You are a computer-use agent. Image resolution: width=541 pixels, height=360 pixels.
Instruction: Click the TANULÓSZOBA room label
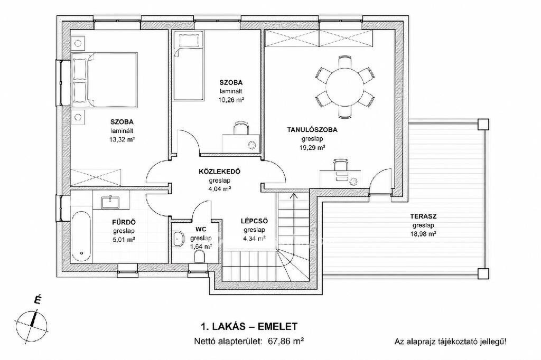pyautogui.click(x=312, y=130)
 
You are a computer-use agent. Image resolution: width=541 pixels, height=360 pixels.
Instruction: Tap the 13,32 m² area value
pyautogui.click(x=122, y=140)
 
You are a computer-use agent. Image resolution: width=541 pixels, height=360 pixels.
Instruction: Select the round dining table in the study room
pyautogui.click(x=345, y=88)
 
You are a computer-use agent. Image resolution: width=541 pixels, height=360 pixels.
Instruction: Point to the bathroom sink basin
pyautogui.click(x=110, y=202)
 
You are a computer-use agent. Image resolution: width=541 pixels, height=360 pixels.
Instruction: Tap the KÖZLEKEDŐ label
pyautogui.click(x=219, y=172)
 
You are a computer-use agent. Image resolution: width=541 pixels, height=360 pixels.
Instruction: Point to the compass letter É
pyautogui.click(x=38, y=300)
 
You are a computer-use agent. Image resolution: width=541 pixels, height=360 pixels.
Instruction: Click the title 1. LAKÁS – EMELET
pyautogui.click(x=249, y=326)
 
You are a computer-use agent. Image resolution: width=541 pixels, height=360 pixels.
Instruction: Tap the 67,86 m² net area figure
pyautogui.click(x=285, y=342)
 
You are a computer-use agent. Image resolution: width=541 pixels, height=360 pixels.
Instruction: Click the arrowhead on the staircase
pyautogui.click(x=294, y=195)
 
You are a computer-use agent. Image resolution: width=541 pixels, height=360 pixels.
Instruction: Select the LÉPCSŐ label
pyautogui.click(x=254, y=221)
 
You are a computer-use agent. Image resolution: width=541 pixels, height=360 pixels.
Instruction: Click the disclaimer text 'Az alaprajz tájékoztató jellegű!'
pyautogui.click(x=451, y=342)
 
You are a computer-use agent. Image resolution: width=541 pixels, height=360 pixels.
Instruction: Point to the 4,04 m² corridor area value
pyautogui.click(x=219, y=188)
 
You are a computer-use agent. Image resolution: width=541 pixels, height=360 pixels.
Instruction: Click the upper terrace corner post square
pyautogui.click(x=483, y=124)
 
